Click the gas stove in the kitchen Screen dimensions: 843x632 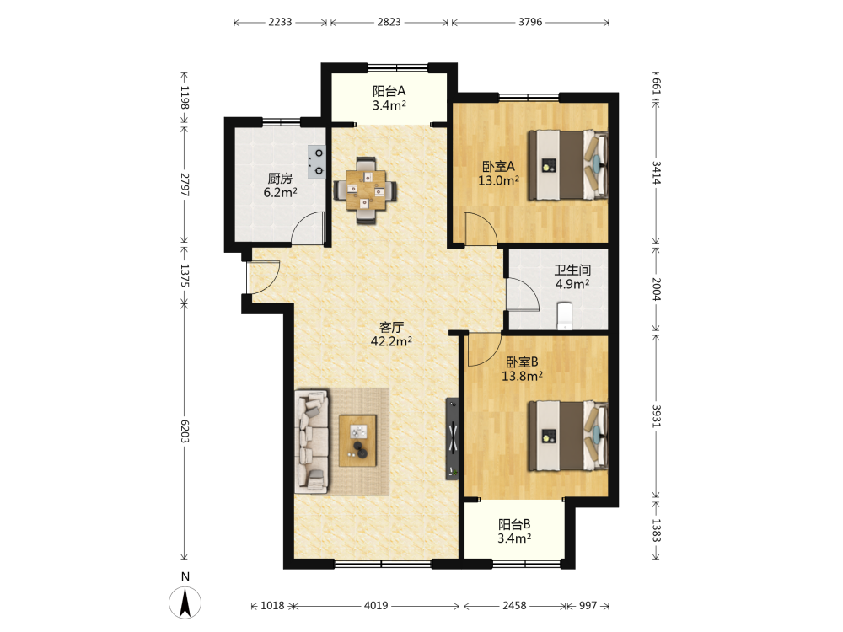click(317, 163)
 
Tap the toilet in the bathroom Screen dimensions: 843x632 click(565, 315)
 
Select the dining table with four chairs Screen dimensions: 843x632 click(366, 190)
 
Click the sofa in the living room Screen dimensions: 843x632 click(312, 442)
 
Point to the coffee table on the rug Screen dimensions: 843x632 click(357, 442)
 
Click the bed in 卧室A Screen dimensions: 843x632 click(567, 165)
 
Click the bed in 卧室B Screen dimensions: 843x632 click(567, 436)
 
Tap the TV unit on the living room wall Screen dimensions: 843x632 click(453, 439)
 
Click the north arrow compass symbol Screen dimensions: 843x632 click(185, 602)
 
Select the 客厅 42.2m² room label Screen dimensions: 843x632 click(391, 335)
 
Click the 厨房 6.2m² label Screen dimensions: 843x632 click(280, 185)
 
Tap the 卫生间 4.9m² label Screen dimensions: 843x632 click(572, 276)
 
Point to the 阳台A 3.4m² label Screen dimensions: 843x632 click(389, 99)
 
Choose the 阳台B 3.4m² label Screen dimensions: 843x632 click(514, 531)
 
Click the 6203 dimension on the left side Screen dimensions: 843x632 click(185, 431)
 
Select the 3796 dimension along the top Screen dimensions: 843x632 click(530, 22)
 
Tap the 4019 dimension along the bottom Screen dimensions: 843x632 click(376, 606)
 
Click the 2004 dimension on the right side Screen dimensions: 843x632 click(656, 289)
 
